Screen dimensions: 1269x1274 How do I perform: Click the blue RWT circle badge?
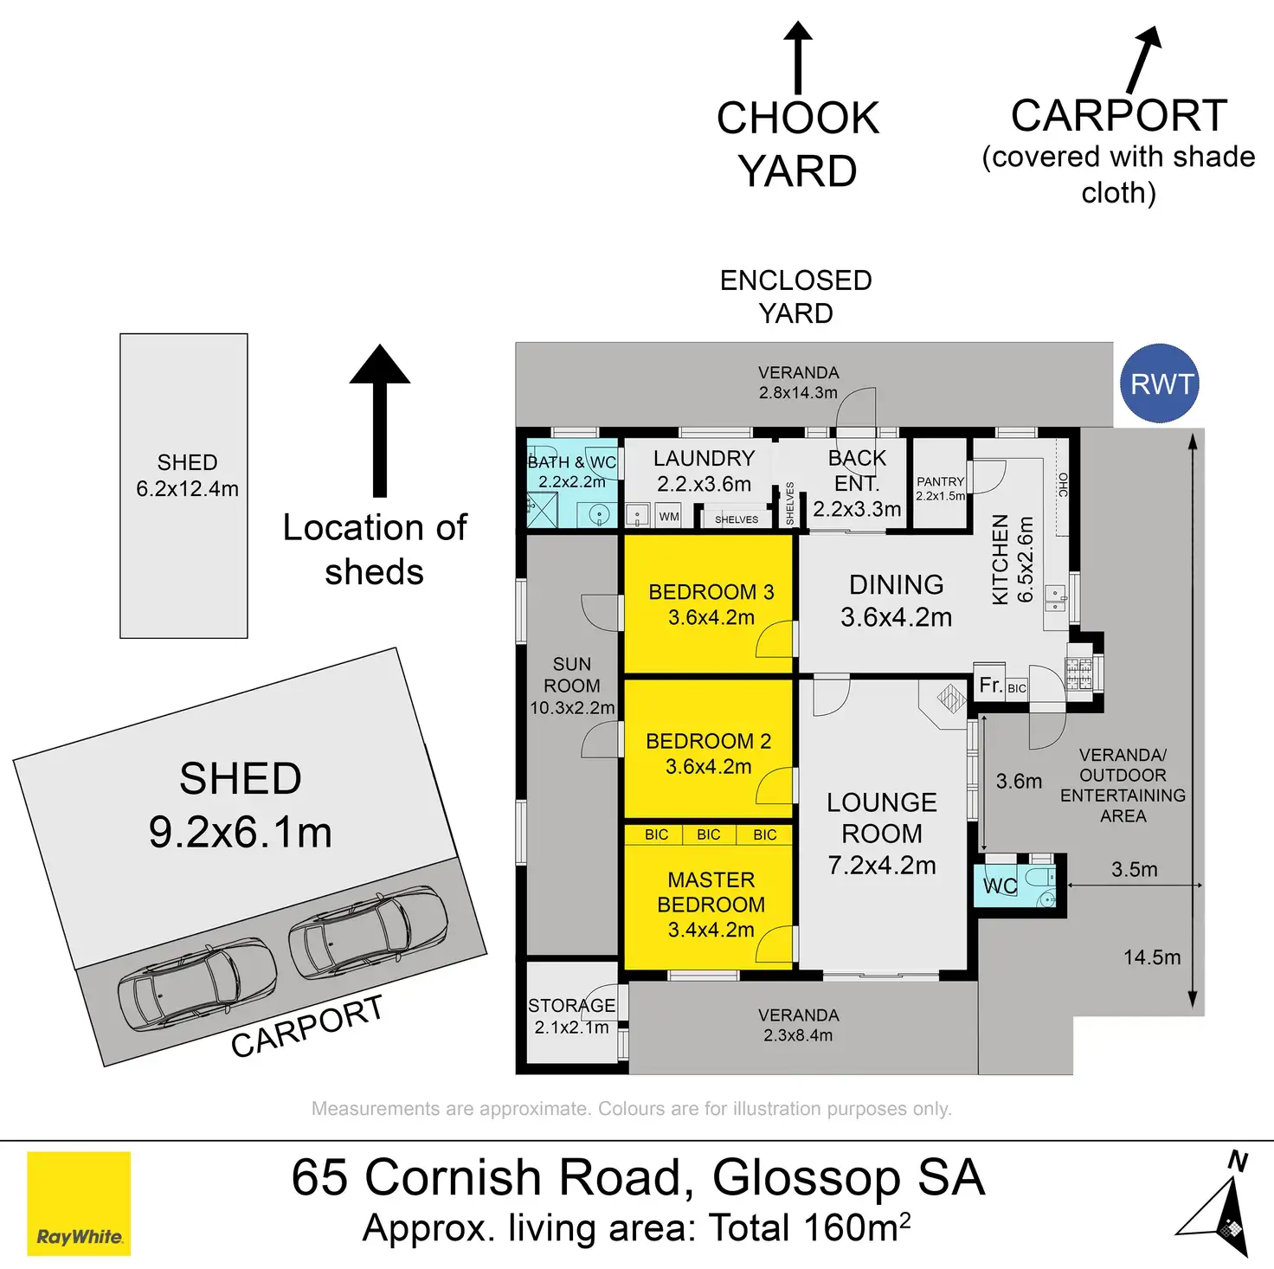click(x=1159, y=383)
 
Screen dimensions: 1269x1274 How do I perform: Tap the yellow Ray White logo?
click(x=79, y=1202)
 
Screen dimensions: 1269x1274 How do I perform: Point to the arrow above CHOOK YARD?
click(x=797, y=56)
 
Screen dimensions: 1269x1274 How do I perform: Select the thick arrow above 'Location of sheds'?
click(x=379, y=420)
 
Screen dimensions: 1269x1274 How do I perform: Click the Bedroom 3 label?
click(x=711, y=604)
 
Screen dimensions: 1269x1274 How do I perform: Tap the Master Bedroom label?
click(x=711, y=905)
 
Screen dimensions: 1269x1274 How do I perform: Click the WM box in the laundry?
click(x=669, y=517)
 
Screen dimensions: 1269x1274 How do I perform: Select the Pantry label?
click(x=940, y=488)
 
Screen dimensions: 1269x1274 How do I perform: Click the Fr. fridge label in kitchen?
click(x=990, y=686)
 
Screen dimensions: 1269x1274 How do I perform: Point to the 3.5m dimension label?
click(x=1134, y=869)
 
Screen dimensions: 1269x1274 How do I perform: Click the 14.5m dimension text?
click(x=1151, y=957)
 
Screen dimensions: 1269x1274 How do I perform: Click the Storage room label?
click(x=571, y=1016)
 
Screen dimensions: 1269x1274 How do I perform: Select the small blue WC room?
click(x=1018, y=885)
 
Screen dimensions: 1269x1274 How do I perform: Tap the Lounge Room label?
click(x=881, y=833)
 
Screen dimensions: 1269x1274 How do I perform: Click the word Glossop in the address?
click(x=806, y=1177)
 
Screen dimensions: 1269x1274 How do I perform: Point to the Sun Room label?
click(x=572, y=686)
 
